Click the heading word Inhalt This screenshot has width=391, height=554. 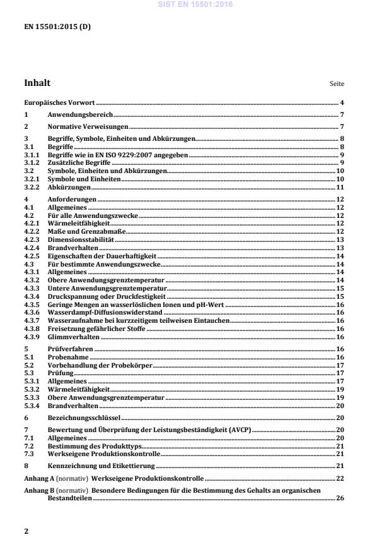pyautogui.click(x=37, y=83)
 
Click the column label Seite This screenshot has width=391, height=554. pyautogui.click(x=337, y=84)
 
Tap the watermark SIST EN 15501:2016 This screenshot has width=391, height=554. pyautogui.click(x=195, y=4)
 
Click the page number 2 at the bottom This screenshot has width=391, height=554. pyautogui.click(x=26, y=531)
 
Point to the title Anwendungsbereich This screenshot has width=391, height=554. pyautogui.click(x=80, y=114)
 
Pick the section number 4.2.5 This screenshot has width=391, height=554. pyautogui.click(x=32, y=256)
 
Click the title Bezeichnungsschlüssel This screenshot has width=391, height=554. pyautogui.click(x=84, y=418)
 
